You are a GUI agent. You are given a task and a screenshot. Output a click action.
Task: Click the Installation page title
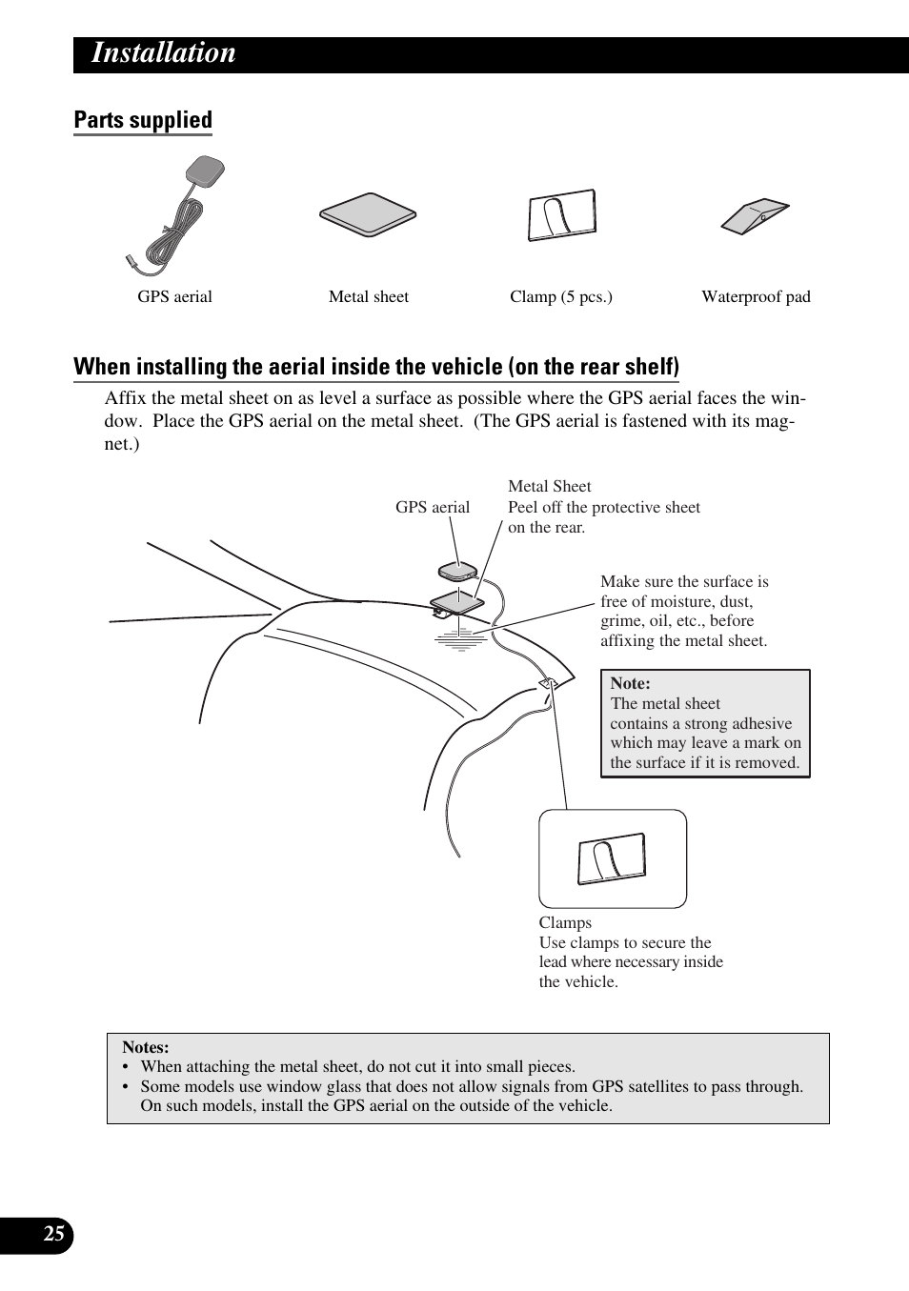pos(163,53)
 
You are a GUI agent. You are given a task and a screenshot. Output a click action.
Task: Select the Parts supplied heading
pos(143,120)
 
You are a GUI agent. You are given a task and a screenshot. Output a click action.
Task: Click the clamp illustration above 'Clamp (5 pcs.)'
pos(562,215)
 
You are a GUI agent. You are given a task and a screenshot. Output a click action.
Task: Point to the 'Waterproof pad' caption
pos(756,297)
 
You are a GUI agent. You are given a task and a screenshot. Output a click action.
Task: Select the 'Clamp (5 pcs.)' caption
pos(560,297)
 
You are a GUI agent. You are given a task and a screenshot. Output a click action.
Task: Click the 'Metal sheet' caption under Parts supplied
pos(368,297)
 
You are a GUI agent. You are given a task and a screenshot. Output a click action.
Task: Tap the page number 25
pos(54,1235)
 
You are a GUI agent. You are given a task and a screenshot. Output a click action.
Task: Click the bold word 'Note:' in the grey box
pos(630,683)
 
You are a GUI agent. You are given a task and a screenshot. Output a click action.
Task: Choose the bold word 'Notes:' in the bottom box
pos(145,1047)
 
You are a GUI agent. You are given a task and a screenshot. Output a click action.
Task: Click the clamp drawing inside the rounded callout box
pos(612,859)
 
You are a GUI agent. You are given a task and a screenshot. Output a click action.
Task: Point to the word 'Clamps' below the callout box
pos(565,922)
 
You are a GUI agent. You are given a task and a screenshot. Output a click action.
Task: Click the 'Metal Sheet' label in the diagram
pos(549,486)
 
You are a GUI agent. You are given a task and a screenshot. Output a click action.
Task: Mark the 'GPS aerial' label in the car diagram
pos(433,507)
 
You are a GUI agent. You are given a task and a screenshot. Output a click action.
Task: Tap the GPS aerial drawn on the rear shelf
pos(457,572)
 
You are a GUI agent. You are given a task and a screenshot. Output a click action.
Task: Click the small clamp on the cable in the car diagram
pos(548,684)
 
